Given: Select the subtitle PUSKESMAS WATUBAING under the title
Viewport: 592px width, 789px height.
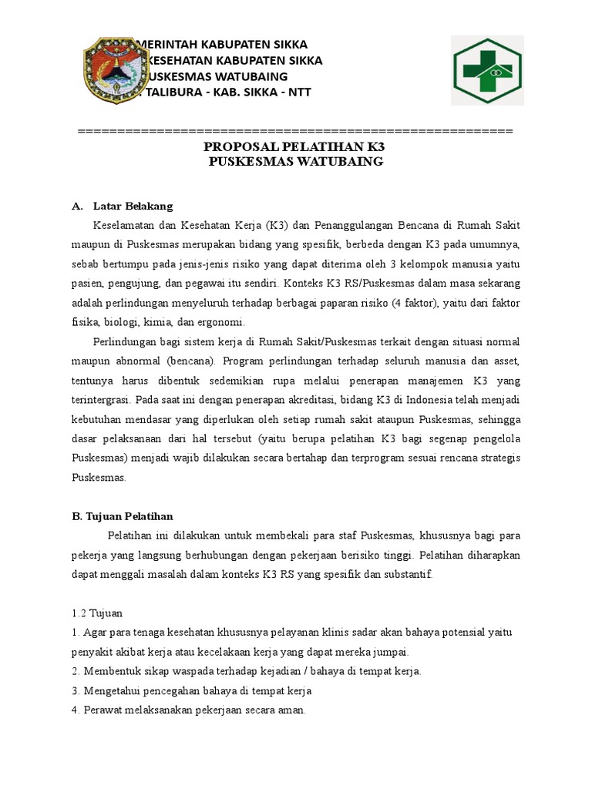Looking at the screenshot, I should (x=296, y=162).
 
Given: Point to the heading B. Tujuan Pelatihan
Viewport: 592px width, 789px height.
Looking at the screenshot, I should (x=117, y=516).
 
